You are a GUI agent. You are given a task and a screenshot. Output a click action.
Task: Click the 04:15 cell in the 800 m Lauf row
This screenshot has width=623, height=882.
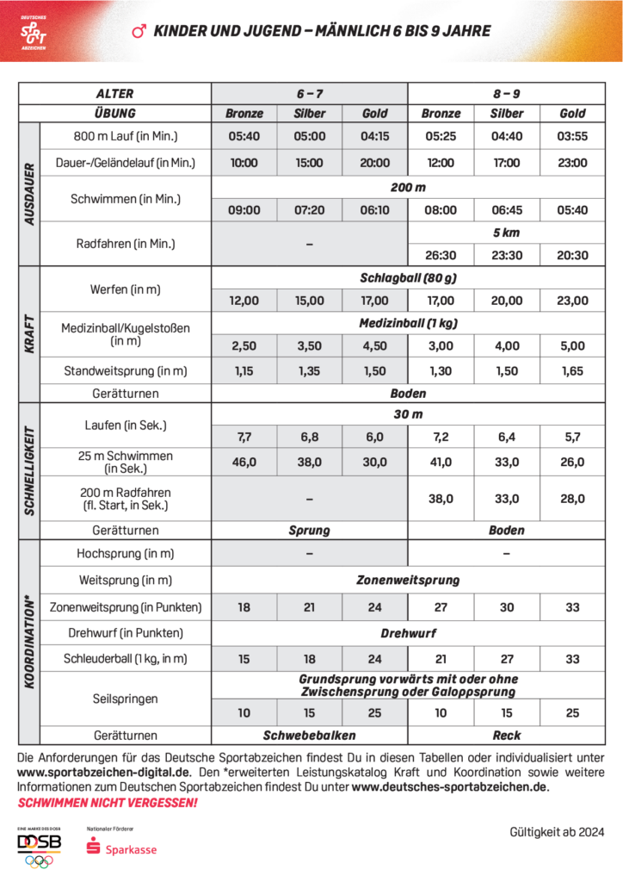pyautogui.click(x=374, y=135)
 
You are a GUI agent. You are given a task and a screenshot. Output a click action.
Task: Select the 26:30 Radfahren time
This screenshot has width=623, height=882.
pyautogui.click(x=441, y=255)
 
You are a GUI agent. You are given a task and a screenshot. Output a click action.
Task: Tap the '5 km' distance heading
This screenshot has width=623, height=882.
pyautogui.click(x=507, y=233)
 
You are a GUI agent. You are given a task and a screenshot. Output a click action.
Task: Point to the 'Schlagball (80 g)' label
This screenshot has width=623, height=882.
pyautogui.click(x=408, y=278)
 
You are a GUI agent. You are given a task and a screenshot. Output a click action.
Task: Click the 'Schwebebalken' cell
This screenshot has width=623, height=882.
pyautogui.click(x=309, y=736)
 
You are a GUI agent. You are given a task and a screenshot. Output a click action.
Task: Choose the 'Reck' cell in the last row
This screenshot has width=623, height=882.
pyautogui.click(x=507, y=736)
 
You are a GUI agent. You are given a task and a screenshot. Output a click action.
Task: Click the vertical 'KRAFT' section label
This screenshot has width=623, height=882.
pyautogui.click(x=29, y=333)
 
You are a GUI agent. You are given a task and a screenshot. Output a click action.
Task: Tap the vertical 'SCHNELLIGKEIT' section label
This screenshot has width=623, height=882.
pyautogui.click(x=29, y=471)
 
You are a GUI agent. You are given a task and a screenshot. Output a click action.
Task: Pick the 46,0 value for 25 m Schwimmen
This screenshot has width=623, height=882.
pyautogui.click(x=244, y=462)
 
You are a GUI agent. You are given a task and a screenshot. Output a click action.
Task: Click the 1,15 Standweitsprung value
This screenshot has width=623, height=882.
pyautogui.click(x=244, y=371)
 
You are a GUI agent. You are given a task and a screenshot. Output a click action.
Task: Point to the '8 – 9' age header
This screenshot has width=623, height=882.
pyautogui.click(x=507, y=94)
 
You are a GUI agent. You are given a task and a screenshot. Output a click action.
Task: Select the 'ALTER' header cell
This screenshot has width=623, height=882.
pyautogui.click(x=114, y=94)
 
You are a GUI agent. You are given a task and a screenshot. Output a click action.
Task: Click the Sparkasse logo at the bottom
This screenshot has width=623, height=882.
pyautogui.click(x=121, y=848)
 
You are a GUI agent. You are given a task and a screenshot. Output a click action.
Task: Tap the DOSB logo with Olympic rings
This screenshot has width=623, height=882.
pyautogui.click(x=40, y=848)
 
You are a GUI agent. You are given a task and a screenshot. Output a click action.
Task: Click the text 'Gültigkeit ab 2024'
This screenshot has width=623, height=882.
pyautogui.click(x=557, y=832)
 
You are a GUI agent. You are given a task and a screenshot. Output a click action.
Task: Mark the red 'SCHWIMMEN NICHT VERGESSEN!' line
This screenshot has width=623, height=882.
pyautogui.click(x=108, y=803)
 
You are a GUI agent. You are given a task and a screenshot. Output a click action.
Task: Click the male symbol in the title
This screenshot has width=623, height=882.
pyautogui.click(x=138, y=32)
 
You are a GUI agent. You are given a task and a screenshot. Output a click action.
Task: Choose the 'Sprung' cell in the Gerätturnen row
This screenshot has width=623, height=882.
pyautogui.click(x=309, y=531)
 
